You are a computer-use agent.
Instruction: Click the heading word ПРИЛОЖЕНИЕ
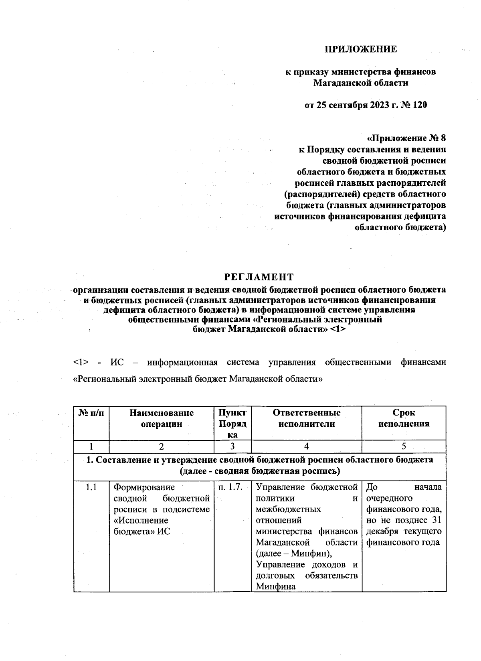pos(360,49)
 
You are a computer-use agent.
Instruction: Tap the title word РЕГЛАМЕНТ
pos(259,277)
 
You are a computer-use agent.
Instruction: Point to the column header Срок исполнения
pos(404,418)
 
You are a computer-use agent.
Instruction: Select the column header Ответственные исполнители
pos(307,418)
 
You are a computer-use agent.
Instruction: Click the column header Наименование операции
pos(162,418)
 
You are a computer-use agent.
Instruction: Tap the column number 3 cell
pos(232,446)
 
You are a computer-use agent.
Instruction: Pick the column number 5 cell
pos(404,446)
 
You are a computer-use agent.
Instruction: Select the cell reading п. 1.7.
pos(230,488)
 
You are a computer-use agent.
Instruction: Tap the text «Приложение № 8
pos(406,138)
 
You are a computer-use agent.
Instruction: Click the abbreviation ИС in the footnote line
pos(117,363)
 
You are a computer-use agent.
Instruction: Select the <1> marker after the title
pos(338,330)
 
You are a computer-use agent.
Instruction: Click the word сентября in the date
pos(347,105)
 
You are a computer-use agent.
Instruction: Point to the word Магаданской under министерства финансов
pos(339,83)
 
